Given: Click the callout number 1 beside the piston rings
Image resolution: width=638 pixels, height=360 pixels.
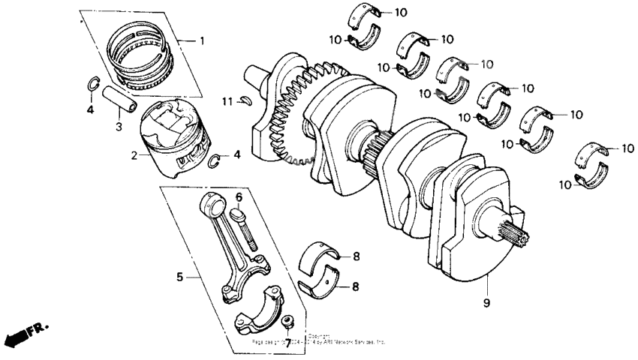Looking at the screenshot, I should coord(200,40).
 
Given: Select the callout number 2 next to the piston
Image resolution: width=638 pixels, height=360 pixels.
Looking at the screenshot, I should coord(134,156).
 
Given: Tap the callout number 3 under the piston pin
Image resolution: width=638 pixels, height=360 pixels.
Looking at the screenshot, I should coord(119,127).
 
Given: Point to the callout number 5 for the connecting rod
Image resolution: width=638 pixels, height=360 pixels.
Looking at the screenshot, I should coord(179,277).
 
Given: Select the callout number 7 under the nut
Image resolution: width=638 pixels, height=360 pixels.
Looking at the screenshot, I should coord(287,342).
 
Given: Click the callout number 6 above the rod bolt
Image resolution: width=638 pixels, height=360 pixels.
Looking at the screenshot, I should coord(239,197).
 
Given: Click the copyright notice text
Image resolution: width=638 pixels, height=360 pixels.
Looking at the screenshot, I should coord(319,340).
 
